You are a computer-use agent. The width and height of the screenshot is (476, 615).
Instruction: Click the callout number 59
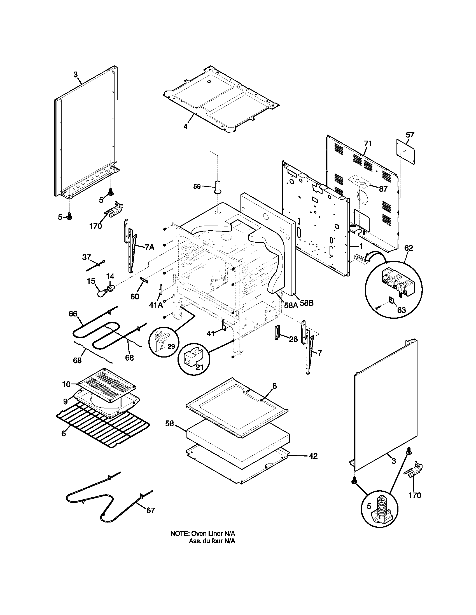point(197,186)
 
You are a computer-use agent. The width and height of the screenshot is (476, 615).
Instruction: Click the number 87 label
point(383,189)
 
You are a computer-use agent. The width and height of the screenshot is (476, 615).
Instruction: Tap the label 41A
point(156,305)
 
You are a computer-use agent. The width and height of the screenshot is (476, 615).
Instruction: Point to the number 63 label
point(401,310)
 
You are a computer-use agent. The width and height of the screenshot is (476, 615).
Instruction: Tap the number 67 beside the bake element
point(151,510)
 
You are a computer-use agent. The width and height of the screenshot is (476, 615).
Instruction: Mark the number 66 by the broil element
point(73,314)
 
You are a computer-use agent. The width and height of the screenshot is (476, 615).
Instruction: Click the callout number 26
point(293,339)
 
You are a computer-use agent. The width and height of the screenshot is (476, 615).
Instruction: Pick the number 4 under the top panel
point(185,126)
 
